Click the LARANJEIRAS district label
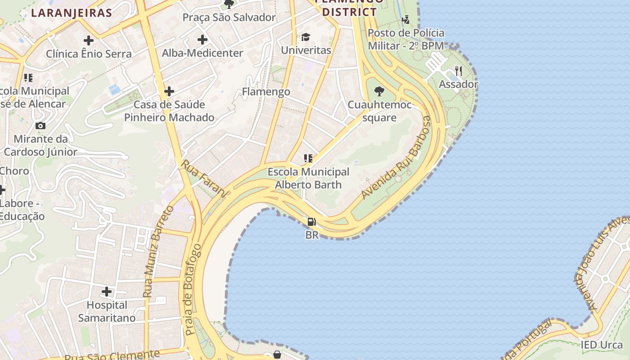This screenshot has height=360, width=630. [x=71, y=13]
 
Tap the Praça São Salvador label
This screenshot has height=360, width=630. [x=229, y=18]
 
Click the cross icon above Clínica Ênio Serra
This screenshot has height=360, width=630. [x=89, y=40]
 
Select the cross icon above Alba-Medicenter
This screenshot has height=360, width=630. [x=202, y=40]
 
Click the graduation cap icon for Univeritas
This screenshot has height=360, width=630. [x=306, y=37]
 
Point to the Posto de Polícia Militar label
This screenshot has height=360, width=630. [x=406, y=39]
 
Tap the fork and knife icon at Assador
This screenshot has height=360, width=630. [x=459, y=71]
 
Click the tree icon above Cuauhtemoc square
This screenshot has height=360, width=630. [x=379, y=91]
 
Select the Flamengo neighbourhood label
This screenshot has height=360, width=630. [x=266, y=92]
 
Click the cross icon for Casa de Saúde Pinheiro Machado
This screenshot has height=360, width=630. [x=169, y=92]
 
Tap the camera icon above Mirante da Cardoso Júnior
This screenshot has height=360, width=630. [x=40, y=126]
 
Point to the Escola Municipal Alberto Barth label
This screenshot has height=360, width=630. [x=308, y=178]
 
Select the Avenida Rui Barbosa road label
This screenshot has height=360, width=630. [x=396, y=157]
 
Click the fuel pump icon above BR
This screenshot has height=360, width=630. [x=311, y=222]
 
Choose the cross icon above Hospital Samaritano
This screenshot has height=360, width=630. [x=107, y=292]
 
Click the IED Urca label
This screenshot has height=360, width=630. [x=602, y=345]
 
